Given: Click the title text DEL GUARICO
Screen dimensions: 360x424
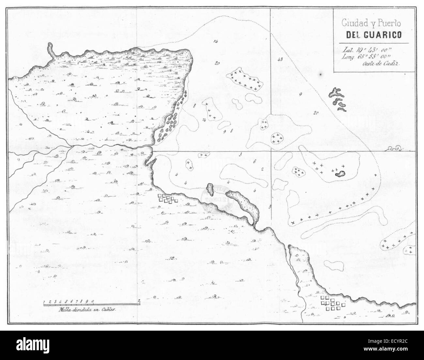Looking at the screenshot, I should [x=371, y=35].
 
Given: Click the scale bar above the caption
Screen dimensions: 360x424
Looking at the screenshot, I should [x=91, y=303].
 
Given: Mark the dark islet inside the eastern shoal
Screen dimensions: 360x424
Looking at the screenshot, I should [x=341, y=174].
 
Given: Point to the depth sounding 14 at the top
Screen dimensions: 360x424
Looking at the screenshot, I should [x=215, y=42].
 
